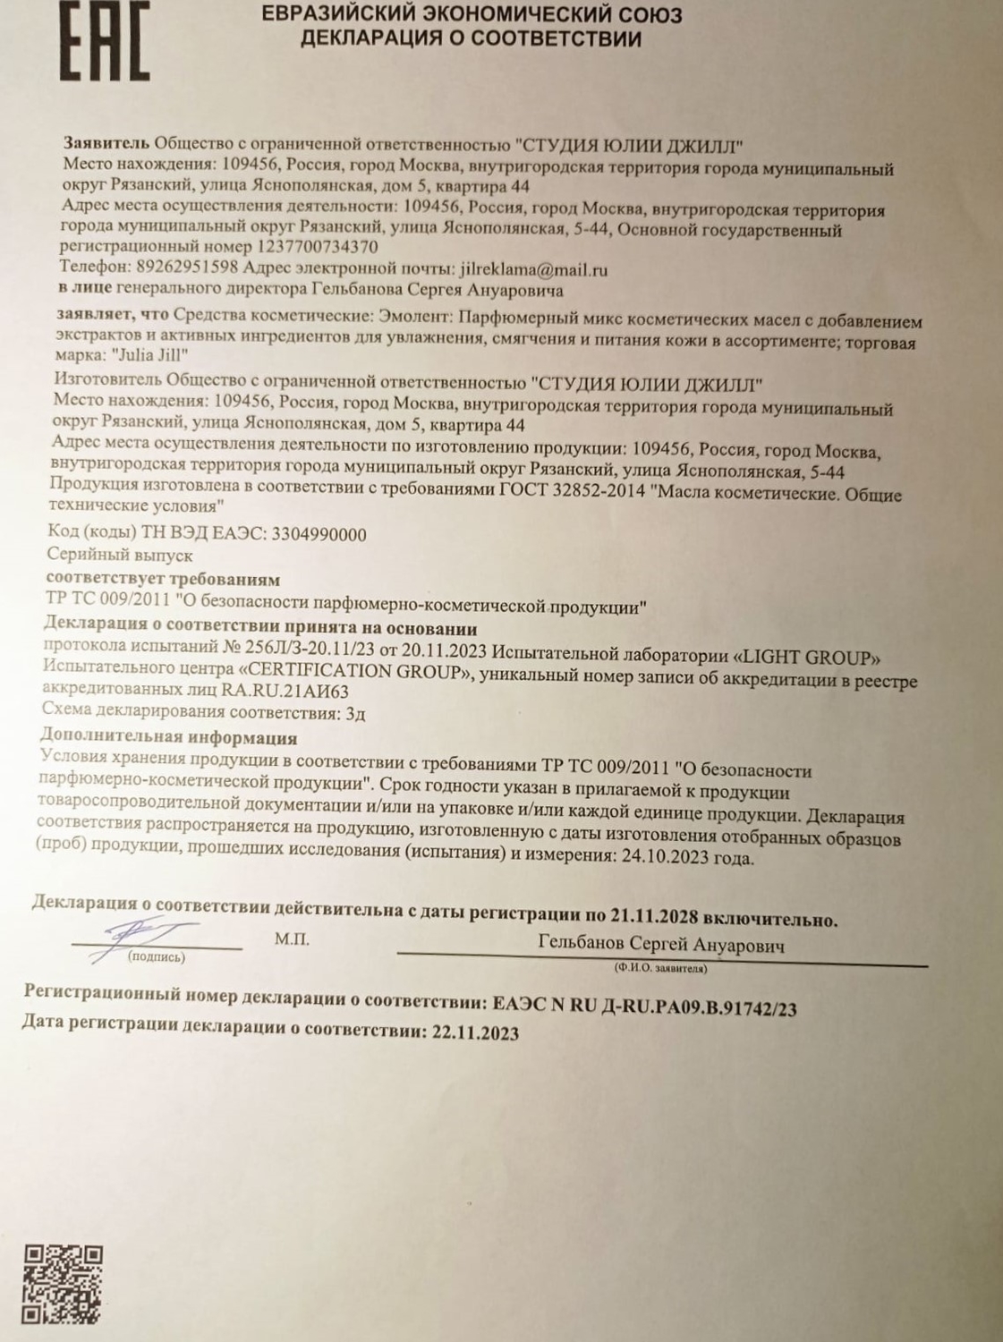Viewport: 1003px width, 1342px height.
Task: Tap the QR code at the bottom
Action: [63, 1285]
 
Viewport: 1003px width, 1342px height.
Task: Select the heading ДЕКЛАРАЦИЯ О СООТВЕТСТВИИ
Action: [471, 38]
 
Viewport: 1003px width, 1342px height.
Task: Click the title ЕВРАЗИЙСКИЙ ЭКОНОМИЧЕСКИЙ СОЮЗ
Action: [472, 15]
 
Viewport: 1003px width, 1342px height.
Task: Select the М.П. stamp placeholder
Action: [292, 940]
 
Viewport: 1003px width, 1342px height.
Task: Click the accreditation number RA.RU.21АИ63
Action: [286, 691]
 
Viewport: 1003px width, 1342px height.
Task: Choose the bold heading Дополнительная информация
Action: [169, 737]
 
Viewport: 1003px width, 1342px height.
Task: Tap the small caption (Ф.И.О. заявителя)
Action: [660, 968]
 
